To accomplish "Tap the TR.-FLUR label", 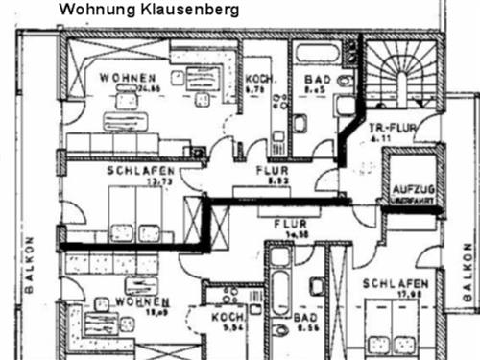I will (x=390, y=127).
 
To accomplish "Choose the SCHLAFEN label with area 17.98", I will (x=395, y=284).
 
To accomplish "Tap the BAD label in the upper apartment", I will (x=317, y=81).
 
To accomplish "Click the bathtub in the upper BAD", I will (x=316, y=54).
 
